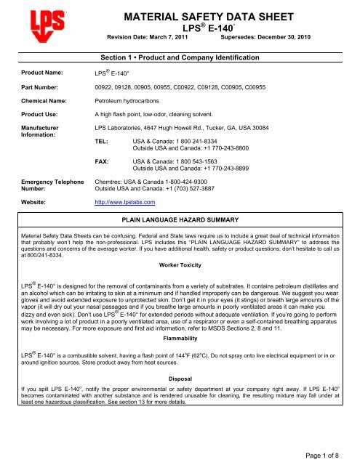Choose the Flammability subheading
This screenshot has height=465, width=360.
coord(180,378)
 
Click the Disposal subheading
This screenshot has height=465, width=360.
coord(180,418)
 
